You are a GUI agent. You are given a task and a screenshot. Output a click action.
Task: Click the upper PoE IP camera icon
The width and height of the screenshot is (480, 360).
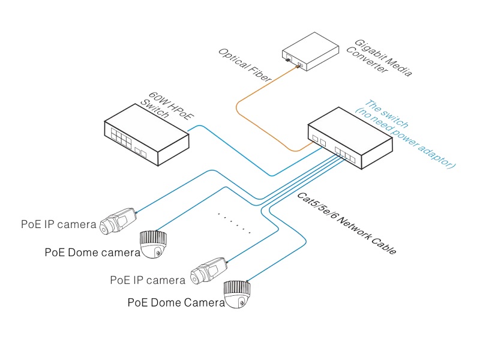pyautogui.click(x=120, y=220)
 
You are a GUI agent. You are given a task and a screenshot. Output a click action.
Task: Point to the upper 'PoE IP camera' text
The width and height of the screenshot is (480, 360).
pyautogui.click(x=59, y=224)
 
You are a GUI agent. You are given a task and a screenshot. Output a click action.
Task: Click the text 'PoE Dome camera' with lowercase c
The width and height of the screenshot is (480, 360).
pyautogui.click(x=92, y=252)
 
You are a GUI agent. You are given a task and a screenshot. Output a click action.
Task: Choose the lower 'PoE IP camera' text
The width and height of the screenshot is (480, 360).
pyautogui.click(x=148, y=280)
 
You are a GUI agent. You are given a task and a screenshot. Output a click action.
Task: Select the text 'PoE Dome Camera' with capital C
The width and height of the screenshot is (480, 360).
pyautogui.click(x=176, y=302)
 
